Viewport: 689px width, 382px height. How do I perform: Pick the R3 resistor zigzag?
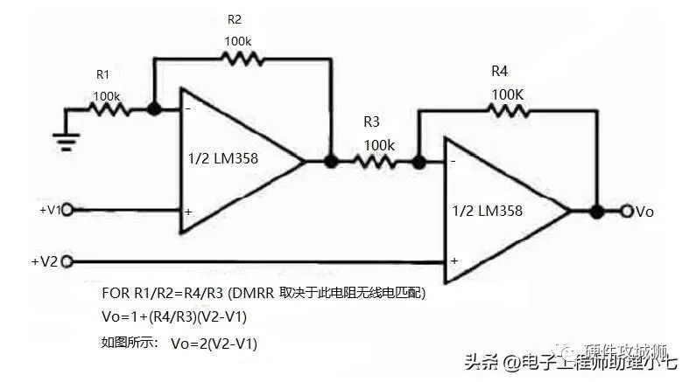374,161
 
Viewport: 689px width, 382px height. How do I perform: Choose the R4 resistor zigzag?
508,110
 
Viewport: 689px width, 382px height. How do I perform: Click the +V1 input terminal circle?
67,210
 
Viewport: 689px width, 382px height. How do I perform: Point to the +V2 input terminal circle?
67,260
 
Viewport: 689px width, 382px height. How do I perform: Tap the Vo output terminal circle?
627,211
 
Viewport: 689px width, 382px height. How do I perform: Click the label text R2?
235,18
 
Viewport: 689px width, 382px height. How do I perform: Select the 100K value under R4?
508,93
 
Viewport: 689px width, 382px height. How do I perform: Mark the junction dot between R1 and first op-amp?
154,110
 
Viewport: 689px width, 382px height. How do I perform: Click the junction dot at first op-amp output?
330,161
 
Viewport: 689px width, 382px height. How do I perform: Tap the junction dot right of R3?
418,161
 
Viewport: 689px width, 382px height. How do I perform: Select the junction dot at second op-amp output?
596,211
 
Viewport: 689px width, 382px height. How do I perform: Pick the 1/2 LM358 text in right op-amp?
488,211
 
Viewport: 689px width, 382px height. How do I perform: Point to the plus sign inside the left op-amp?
188,212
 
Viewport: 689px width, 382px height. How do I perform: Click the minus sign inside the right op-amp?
453,163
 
